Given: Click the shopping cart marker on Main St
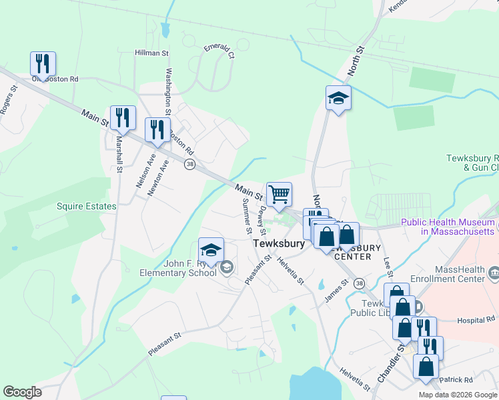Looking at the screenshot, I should click(280, 195).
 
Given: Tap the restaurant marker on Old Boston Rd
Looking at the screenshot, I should click(43, 64).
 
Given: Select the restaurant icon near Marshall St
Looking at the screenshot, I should click(123, 117).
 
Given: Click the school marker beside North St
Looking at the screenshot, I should click(338, 98).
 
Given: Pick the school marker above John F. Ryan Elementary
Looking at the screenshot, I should click(211, 251).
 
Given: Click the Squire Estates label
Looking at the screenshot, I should click(87, 207).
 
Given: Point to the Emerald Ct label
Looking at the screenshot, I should click(219, 51).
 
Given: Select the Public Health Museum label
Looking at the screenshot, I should click(448, 226).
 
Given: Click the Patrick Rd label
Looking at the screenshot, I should click(459, 380).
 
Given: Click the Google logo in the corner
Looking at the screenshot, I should click(22, 393).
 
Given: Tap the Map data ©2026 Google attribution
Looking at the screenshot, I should click(458, 395).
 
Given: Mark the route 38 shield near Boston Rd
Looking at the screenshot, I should click(190, 165).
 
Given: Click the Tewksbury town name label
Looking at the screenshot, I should click(279, 244).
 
